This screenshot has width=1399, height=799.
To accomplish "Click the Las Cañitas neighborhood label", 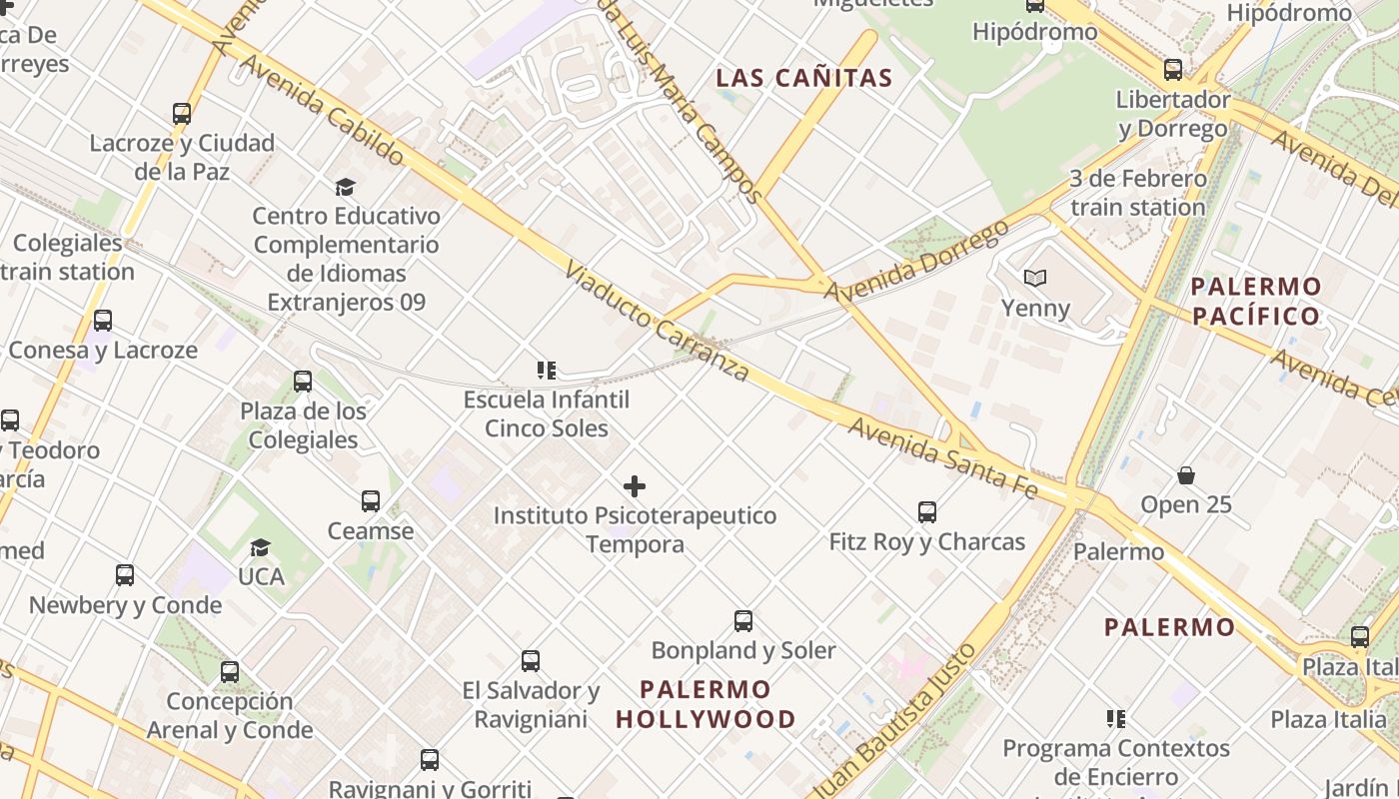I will [804, 78].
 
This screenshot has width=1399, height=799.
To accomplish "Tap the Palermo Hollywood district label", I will [705, 704].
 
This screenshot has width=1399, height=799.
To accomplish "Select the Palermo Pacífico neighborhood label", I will [1256, 302].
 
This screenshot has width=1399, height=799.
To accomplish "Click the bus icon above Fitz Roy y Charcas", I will [927, 512].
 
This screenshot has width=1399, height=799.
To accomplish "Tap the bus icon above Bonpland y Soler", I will [743, 621].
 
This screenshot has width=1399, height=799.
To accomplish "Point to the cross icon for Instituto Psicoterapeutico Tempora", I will [635, 486].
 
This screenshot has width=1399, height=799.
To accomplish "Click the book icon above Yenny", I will [1035, 278].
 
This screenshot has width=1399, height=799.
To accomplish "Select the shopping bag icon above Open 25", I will [1186, 475].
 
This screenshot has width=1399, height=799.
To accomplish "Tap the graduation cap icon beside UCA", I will [261, 547].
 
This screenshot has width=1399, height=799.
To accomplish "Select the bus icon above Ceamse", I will [371, 500].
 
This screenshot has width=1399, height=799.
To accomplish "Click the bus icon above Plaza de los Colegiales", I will [303, 382].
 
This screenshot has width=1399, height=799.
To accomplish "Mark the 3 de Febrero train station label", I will [1138, 193].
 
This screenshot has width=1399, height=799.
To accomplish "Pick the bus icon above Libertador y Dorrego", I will [1173, 70].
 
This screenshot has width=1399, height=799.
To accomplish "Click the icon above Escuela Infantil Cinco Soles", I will [547, 371].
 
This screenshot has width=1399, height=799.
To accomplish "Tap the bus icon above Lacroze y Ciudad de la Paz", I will [182, 114].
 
